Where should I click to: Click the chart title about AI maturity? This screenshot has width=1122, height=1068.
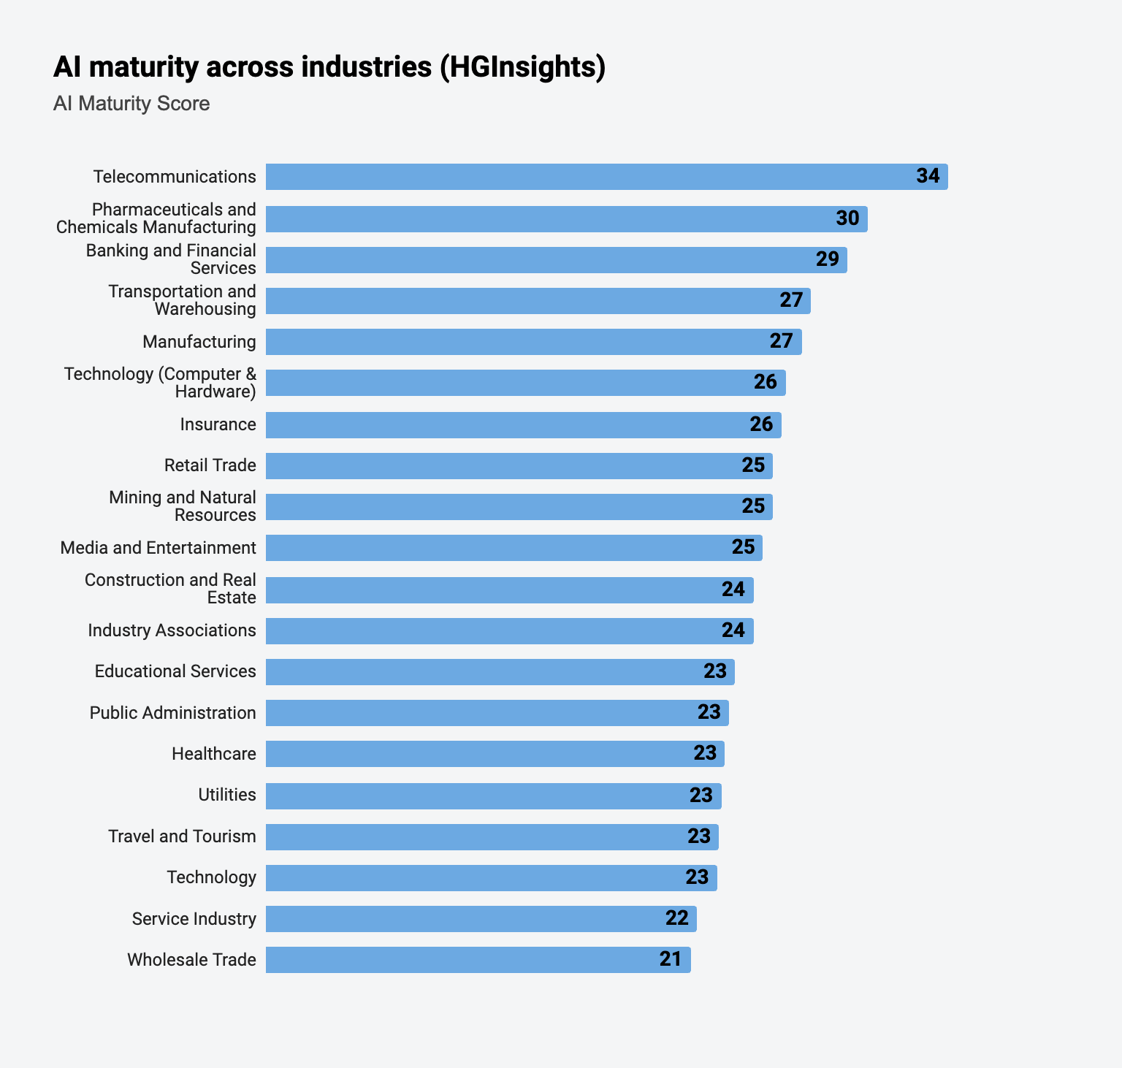click(329, 66)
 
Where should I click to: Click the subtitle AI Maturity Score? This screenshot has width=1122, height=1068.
click(131, 104)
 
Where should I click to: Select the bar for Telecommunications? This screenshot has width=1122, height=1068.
click(584, 177)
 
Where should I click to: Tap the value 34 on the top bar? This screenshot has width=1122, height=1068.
click(928, 176)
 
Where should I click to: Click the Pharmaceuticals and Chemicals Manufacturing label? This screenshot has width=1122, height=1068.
click(156, 218)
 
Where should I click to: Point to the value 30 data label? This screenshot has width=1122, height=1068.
click(847, 218)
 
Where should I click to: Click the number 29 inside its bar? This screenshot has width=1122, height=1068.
click(827, 259)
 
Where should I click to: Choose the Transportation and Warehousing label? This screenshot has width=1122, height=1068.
click(182, 300)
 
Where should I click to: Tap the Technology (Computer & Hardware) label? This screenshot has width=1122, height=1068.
click(160, 383)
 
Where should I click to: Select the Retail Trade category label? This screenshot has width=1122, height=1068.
click(210, 465)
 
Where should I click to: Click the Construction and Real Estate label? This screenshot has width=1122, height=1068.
click(170, 589)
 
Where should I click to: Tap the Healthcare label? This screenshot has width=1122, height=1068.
click(213, 754)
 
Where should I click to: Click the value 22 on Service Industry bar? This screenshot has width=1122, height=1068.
click(676, 918)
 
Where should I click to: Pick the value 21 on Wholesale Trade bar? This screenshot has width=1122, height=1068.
click(670, 959)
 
